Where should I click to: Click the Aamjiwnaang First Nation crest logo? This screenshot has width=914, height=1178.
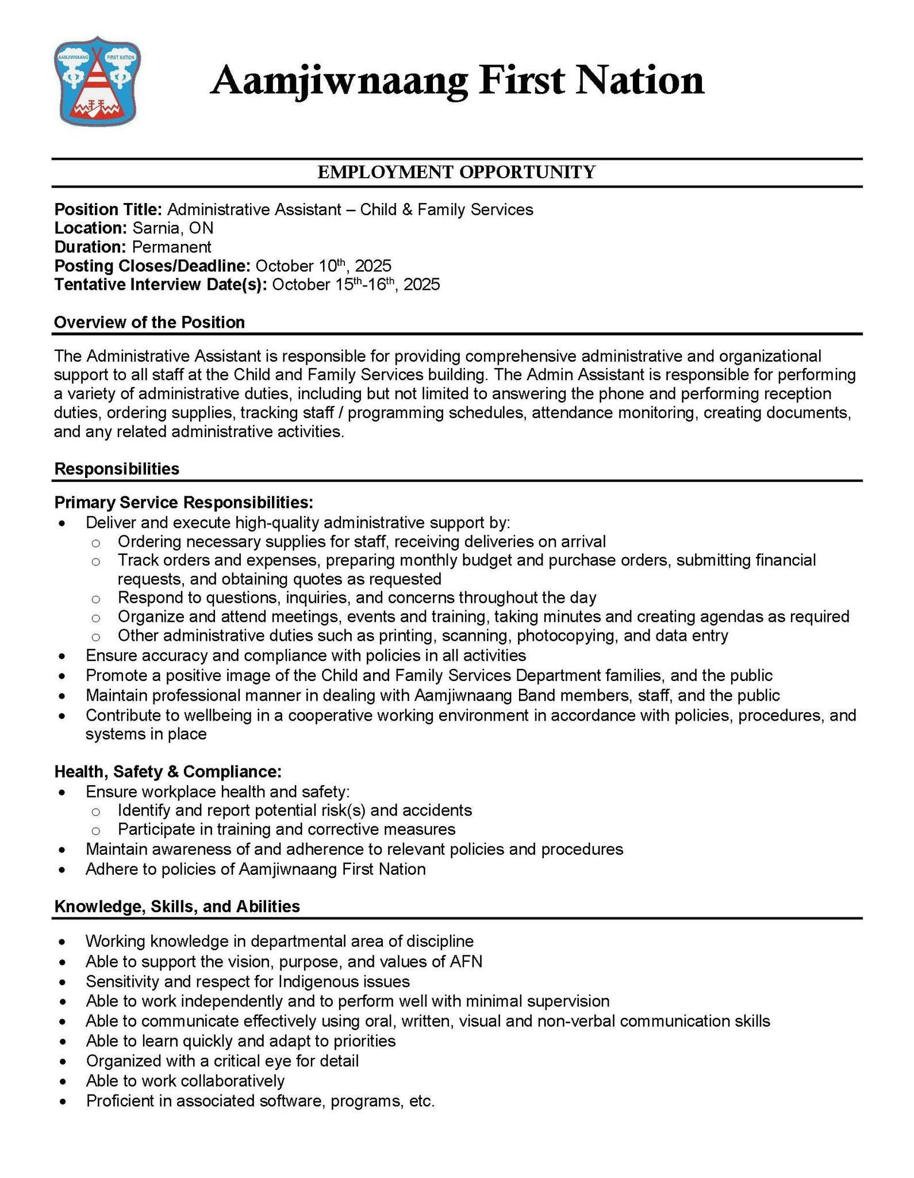(98, 81)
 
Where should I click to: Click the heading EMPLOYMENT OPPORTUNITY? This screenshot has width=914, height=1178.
(456, 172)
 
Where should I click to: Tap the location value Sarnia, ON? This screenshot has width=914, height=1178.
(172, 228)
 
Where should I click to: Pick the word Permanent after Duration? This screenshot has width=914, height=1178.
(171, 247)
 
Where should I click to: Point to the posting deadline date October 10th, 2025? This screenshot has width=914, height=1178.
(323, 266)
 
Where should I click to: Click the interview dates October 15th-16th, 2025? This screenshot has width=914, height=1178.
(356, 285)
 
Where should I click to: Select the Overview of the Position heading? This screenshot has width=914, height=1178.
(149, 322)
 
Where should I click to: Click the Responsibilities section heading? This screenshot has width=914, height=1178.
(117, 469)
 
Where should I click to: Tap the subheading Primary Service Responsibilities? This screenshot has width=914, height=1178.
(184, 503)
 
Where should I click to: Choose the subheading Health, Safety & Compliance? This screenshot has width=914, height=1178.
(168, 771)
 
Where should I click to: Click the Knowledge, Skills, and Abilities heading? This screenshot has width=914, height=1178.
(177, 907)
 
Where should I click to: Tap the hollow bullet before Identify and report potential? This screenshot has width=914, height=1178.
(96, 812)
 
